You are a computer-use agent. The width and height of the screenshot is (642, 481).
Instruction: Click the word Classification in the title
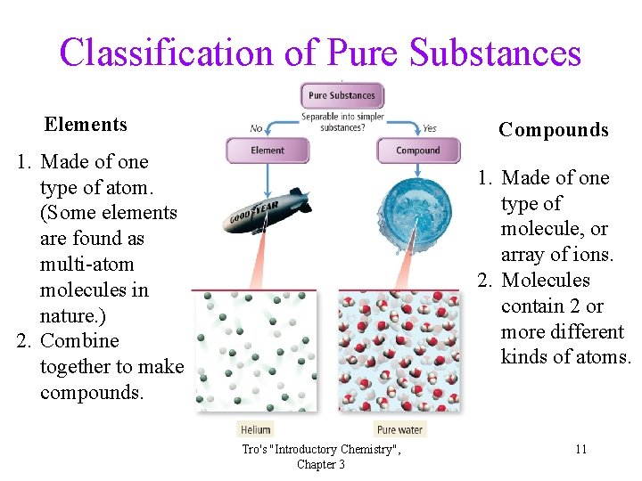(x=166, y=53)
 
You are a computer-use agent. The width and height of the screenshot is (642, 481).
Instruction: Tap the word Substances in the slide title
(x=495, y=53)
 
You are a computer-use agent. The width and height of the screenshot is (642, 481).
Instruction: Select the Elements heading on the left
(x=86, y=125)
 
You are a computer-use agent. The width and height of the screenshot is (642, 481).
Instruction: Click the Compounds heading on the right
(x=553, y=130)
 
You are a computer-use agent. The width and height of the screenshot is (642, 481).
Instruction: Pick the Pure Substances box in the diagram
(x=342, y=95)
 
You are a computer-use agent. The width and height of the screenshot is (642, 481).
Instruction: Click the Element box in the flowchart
(x=267, y=151)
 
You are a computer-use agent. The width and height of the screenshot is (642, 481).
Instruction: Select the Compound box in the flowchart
(x=417, y=151)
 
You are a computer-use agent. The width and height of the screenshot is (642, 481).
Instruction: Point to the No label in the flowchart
(x=257, y=128)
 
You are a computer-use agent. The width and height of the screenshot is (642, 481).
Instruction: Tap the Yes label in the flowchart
(x=429, y=128)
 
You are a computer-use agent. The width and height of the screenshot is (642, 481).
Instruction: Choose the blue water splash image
(x=418, y=215)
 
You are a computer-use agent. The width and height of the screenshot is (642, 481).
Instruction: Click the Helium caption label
(x=256, y=429)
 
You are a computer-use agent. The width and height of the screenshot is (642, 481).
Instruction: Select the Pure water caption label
(x=399, y=429)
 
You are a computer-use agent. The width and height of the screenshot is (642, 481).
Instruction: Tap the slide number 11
(x=580, y=449)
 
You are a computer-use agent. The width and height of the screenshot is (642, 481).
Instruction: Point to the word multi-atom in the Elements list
(x=87, y=265)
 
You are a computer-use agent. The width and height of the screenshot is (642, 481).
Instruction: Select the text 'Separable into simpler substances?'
(x=342, y=122)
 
